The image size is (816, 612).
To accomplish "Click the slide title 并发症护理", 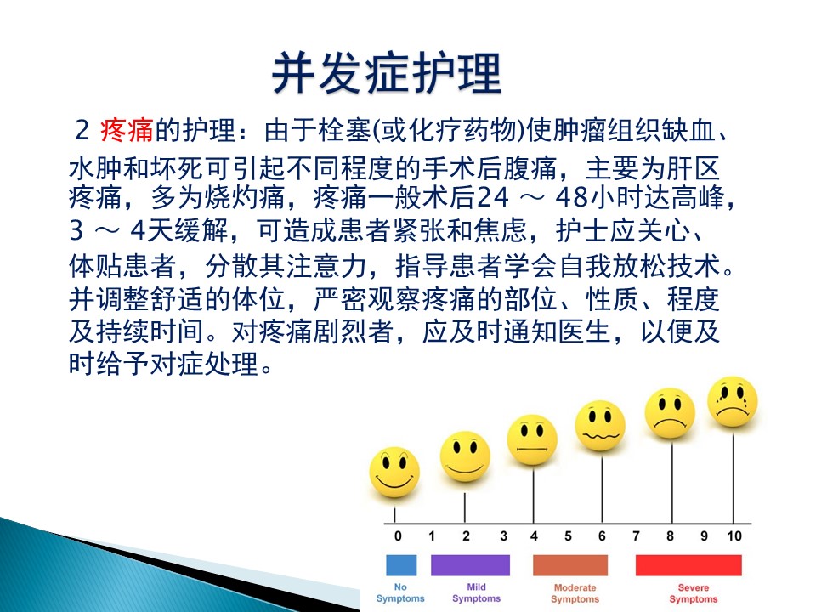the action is point(387,73).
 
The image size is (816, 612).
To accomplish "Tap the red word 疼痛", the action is point(127,129).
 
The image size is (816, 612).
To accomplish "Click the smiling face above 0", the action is point(394,472).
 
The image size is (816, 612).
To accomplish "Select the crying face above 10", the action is point(733,402).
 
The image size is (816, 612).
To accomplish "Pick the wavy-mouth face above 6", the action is point(600,426).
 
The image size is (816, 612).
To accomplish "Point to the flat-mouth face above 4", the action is point(532,439).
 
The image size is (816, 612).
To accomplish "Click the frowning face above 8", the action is point(670,413).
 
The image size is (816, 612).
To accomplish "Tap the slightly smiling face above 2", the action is point(465,456).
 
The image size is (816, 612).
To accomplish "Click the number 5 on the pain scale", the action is point(568,536).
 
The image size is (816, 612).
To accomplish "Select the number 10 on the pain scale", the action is point(734,536).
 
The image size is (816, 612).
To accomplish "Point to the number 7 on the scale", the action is point(636,536).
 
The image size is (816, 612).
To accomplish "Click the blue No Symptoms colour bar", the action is point(401,565).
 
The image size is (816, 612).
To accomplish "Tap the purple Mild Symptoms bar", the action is point(470,565).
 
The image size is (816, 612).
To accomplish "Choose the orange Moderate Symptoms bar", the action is point(570,565).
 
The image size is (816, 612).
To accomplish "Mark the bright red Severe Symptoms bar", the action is point(688,565).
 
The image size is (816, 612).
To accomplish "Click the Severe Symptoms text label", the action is point(694,593).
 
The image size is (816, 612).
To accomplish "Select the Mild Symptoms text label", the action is point(476,592).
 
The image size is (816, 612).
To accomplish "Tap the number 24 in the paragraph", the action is point(492,198).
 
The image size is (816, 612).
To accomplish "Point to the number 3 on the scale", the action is point(503,536).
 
